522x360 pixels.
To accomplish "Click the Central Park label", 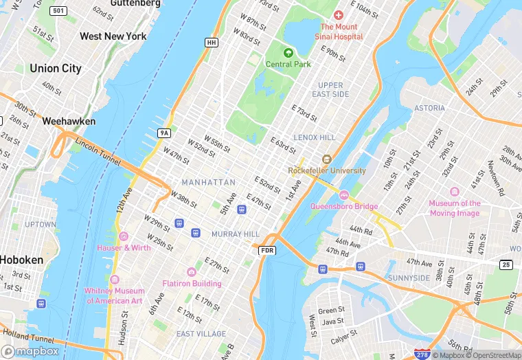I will click(x=288, y=65).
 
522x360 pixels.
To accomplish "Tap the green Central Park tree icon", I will click(x=288, y=53).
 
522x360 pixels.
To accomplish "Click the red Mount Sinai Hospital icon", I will click(x=337, y=15).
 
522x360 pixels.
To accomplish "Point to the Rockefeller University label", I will click(x=326, y=170).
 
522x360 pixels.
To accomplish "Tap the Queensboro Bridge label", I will click(x=344, y=206).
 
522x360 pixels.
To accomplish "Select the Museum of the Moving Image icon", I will click(x=454, y=192).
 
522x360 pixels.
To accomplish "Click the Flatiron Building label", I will click(x=192, y=283).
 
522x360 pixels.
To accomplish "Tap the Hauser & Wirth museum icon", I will click(x=123, y=236).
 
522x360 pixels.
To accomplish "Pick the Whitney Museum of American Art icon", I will click(x=114, y=280).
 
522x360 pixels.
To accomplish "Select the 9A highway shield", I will click(x=163, y=133).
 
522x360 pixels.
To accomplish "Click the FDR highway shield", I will click(x=268, y=251).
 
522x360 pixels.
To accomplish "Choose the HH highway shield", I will click(x=211, y=43).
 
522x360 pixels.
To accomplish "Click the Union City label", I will click(x=55, y=69).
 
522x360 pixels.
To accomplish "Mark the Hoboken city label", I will click(x=21, y=260).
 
